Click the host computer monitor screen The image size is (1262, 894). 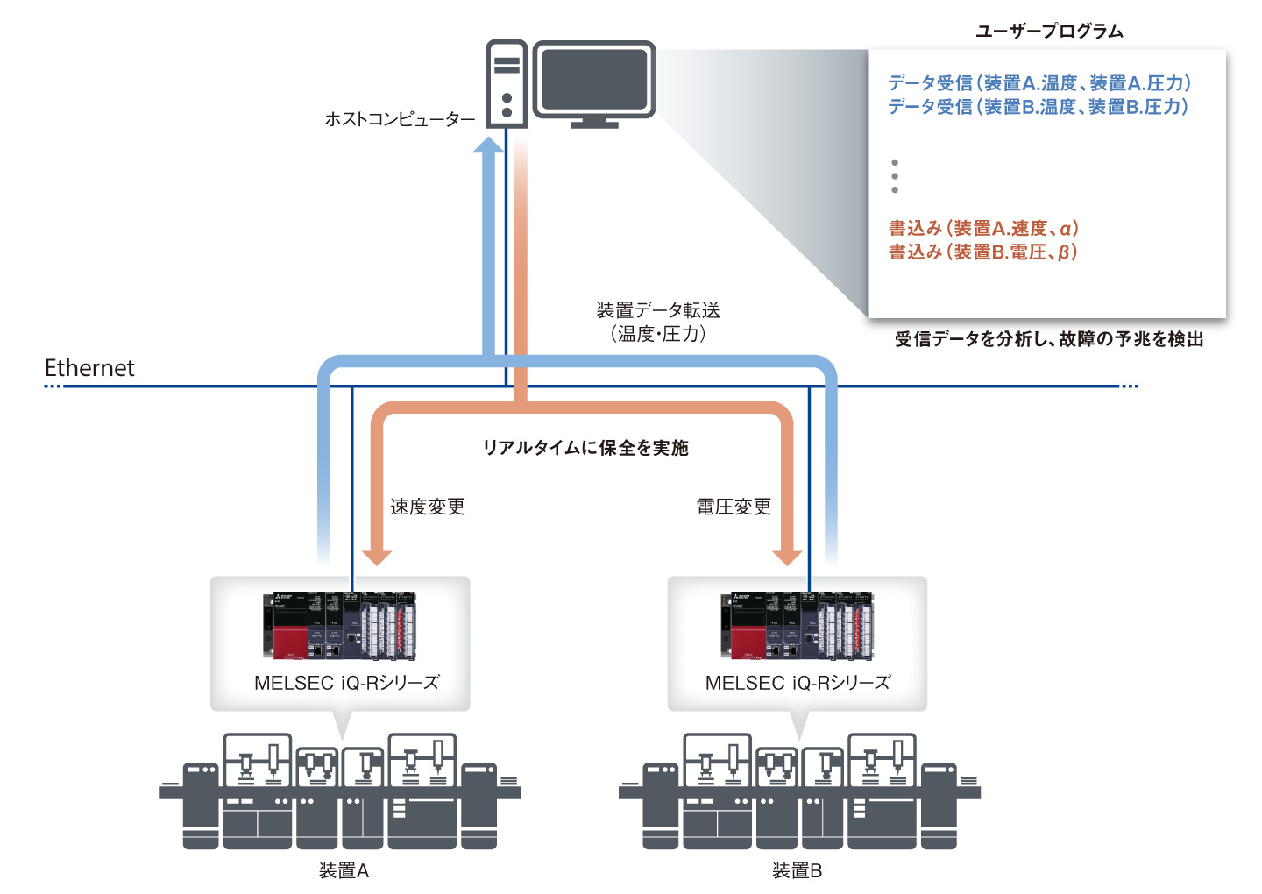click(x=594, y=78)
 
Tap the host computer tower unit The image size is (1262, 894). click(x=507, y=84)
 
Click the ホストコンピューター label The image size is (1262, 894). click(x=400, y=119)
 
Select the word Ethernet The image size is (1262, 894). click(x=89, y=368)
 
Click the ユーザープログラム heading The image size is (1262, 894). click(x=1049, y=32)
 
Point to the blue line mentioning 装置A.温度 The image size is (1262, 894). click(x=1039, y=83)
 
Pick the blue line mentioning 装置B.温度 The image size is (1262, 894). click(x=1039, y=107)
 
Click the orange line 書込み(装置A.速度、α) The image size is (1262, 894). click(x=983, y=229)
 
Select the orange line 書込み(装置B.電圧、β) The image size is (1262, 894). click(x=982, y=252)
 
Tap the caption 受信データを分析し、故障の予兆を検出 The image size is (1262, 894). click(x=1049, y=339)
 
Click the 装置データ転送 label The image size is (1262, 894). click(x=658, y=310)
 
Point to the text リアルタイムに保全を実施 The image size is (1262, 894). click(x=585, y=448)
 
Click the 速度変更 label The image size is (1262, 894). click(x=428, y=507)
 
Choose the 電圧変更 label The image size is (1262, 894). click(x=734, y=507)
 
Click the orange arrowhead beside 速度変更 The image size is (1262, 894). click(x=378, y=556)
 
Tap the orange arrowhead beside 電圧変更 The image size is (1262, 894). click(x=787, y=556)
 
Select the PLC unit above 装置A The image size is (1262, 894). click(x=340, y=626)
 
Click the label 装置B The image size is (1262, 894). click(x=797, y=870)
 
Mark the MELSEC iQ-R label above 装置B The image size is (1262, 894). click(x=798, y=683)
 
